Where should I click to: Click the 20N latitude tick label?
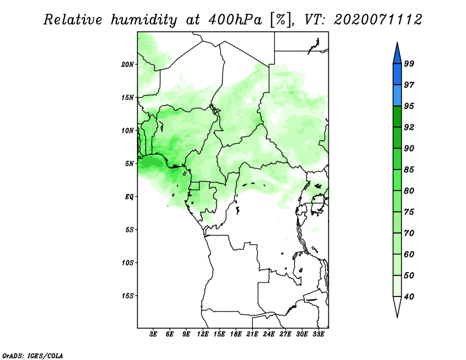coord(128,64)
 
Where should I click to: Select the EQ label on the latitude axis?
coord(129,196)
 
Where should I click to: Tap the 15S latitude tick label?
coord(128,296)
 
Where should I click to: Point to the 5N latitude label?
coord(129,164)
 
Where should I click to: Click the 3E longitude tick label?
coord(153,334)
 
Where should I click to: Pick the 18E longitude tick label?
coord(236,334)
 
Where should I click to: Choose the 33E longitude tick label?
coord(318,334)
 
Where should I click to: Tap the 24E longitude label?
coord(269,334)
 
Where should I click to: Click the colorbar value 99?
coord(409,63)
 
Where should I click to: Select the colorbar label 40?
coord(409,297)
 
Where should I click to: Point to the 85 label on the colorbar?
coord(409,170)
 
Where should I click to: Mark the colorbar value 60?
coord(409,254)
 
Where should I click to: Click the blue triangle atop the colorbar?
coord(397,55)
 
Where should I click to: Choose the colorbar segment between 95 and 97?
coord(397,96)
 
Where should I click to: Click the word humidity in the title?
coord(144,20)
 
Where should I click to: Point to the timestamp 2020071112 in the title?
coord(378,20)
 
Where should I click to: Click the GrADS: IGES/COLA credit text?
coord(33,355)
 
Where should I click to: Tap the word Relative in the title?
coord(73,20)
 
